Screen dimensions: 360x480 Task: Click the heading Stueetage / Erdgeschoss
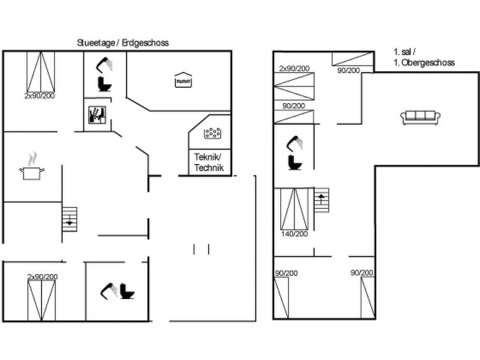(123, 43)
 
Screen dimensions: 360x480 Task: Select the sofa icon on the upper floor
(420, 116)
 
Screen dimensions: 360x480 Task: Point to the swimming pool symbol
(183, 80)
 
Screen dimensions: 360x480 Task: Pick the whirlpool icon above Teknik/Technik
(212, 133)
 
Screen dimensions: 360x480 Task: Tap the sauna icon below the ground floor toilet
(97, 115)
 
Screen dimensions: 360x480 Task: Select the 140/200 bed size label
(294, 234)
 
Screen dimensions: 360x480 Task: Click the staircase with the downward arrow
(69, 221)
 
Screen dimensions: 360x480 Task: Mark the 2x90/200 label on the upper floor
(294, 68)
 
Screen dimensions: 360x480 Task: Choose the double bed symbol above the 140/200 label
(294, 209)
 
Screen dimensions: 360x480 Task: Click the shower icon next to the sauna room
(103, 64)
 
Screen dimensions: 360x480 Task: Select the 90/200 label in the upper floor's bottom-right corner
(361, 273)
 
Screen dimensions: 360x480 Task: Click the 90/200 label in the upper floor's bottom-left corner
(286, 273)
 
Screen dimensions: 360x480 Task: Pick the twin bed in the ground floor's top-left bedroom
(41, 72)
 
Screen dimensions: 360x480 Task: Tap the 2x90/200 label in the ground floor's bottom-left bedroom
(42, 277)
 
